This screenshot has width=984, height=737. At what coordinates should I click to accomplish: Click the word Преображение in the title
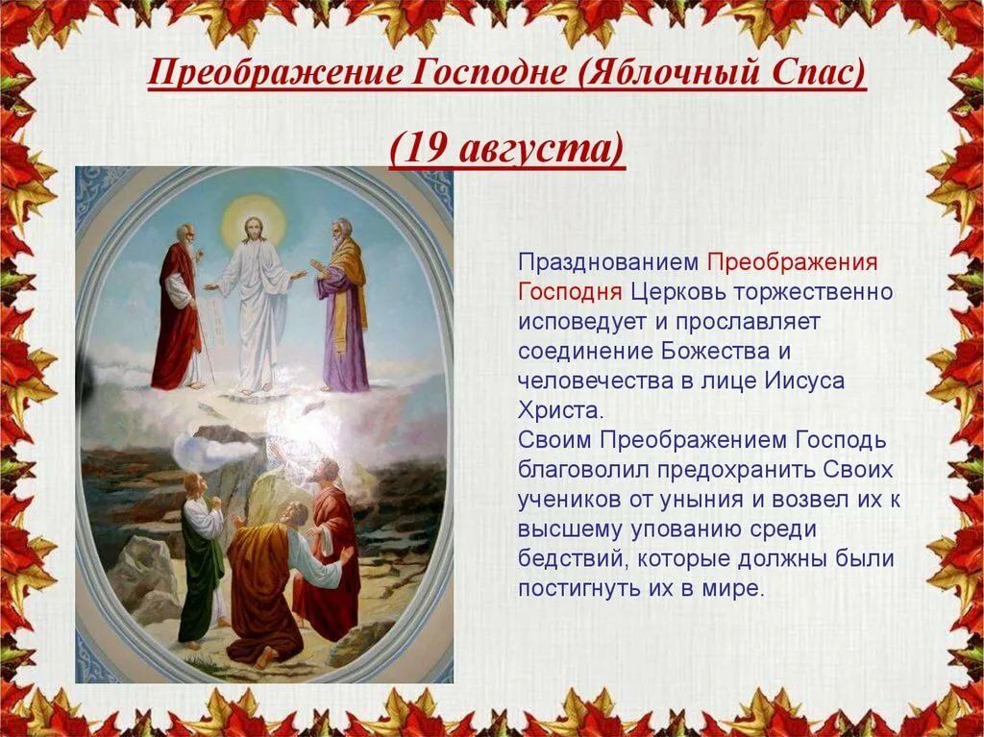pyautogui.click(x=275, y=71)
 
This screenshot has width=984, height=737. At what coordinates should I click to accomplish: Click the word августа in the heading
pyautogui.click(x=533, y=152)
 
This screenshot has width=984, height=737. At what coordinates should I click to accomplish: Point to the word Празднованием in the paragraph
pyautogui.click(x=608, y=262)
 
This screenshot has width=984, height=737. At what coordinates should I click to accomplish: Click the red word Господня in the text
pyautogui.click(x=570, y=292)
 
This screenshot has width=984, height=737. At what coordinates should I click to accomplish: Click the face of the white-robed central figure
pyautogui.click(x=254, y=231)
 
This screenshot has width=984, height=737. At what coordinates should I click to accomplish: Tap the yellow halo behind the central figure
pyautogui.click(x=254, y=221)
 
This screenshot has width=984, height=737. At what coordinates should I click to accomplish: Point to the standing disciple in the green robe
pyautogui.click(x=202, y=558)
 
